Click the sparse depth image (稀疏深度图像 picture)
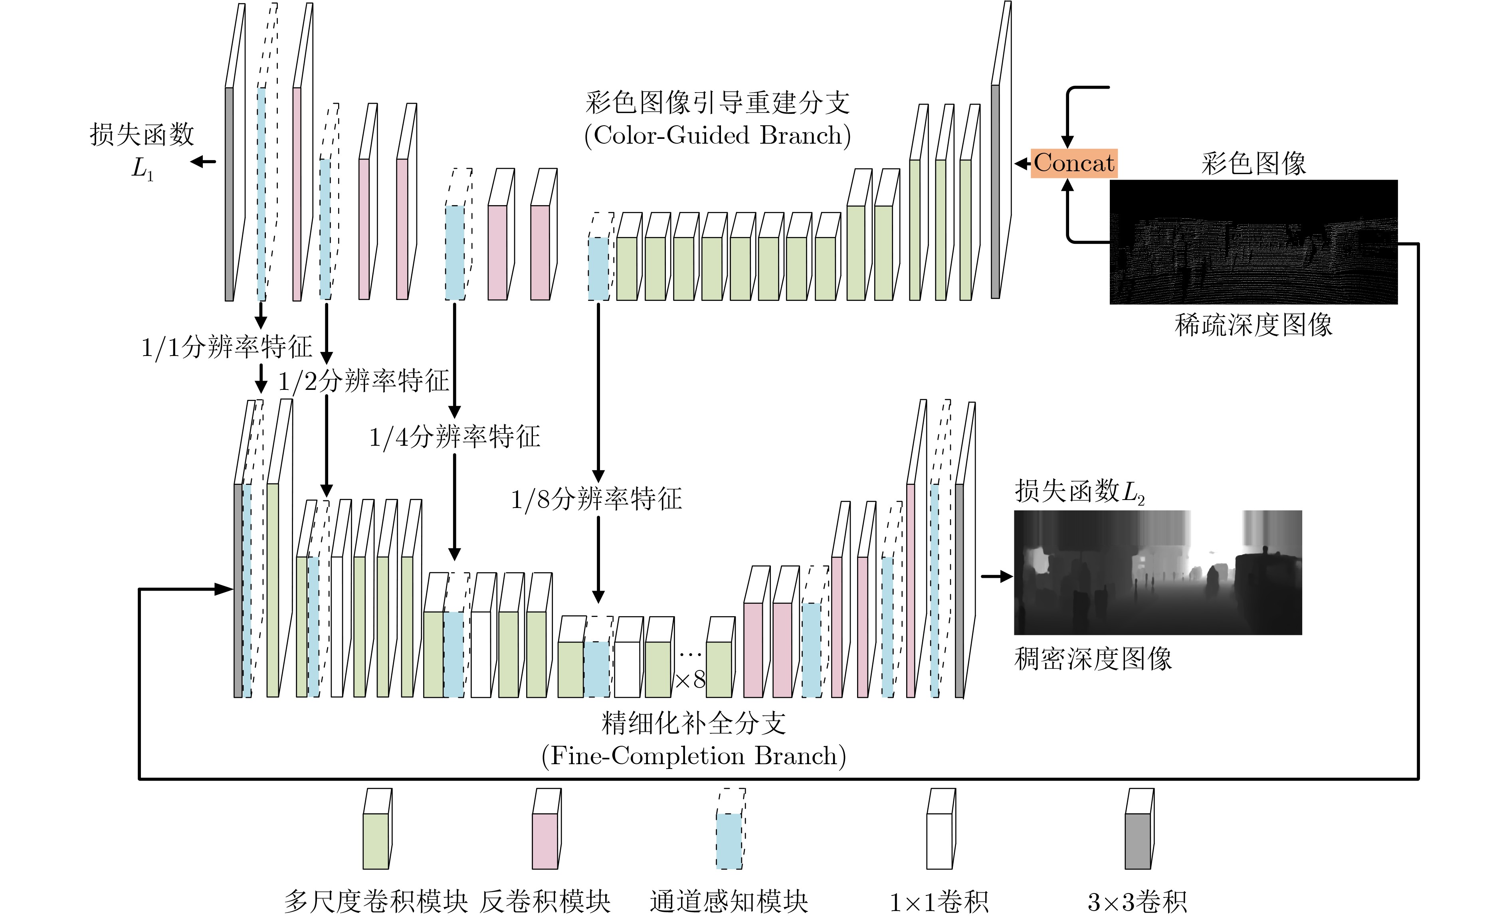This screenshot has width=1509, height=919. pos(1253,242)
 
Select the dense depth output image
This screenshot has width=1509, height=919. pos(1157,573)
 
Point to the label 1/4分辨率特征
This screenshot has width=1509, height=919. pos(454,437)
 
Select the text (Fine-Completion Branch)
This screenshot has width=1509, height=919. pos(693,756)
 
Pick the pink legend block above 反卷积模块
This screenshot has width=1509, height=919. pos(546,829)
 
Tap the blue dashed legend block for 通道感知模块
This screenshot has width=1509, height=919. pos(731,829)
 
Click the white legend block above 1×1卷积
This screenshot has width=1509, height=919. pos(941,829)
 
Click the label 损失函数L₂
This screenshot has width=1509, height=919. pos(1080,492)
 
